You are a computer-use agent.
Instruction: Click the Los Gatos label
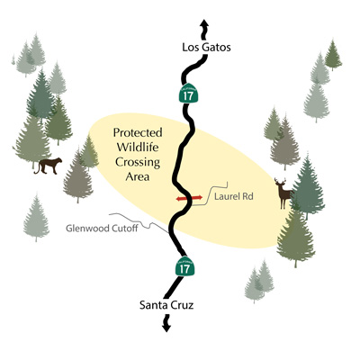(x=206, y=48)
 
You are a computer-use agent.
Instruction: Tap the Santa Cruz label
(x=166, y=305)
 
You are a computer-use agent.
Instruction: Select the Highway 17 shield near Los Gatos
(x=189, y=93)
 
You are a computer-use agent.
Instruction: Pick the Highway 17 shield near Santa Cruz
(x=184, y=265)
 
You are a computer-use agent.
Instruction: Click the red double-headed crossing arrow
(x=189, y=198)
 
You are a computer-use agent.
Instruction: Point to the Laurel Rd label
(x=234, y=196)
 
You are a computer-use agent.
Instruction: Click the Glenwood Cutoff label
(x=102, y=229)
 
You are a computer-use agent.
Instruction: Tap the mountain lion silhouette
(x=48, y=166)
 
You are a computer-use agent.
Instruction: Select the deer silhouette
(x=283, y=193)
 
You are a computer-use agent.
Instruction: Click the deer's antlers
(x=280, y=181)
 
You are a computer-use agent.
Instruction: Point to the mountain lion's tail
(x=37, y=168)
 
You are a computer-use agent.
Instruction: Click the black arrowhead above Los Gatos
(x=204, y=23)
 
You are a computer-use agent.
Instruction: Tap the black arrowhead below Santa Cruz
(x=166, y=328)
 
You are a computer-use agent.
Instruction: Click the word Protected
(x=138, y=132)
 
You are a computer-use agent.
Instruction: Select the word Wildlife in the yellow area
(x=138, y=148)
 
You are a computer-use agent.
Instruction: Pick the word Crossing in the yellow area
(x=138, y=162)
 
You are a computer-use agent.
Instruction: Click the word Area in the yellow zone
(x=138, y=176)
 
